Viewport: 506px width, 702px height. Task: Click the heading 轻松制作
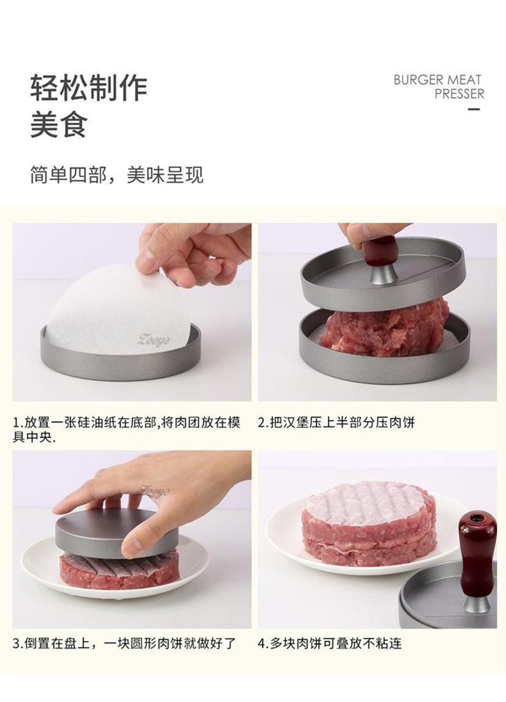click(88, 88)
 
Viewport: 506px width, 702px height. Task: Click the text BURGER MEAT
click(437, 80)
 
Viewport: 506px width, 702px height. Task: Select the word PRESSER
click(459, 94)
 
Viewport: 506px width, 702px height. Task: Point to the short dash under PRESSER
click(474, 109)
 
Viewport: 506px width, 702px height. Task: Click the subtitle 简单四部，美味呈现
click(117, 174)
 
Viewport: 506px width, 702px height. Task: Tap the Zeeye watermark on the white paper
click(154, 339)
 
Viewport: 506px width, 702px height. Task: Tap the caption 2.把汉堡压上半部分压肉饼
click(336, 422)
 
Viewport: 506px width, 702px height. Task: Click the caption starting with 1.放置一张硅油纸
click(127, 430)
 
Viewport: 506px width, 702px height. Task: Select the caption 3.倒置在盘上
click(124, 644)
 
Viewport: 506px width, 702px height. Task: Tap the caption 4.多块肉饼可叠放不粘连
click(330, 644)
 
